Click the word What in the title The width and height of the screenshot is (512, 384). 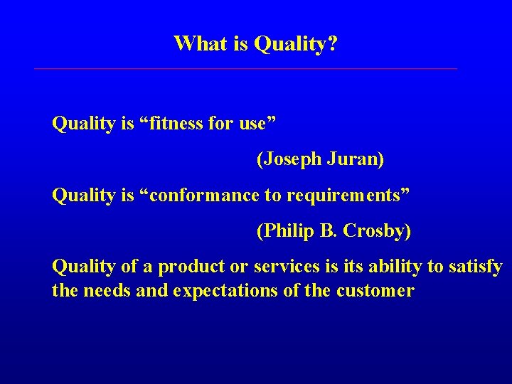(x=198, y=44)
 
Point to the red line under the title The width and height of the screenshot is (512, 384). (x=245, y=69)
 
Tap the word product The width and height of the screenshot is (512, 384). (x=186, y=267)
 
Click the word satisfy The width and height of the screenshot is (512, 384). (x=476, y=267)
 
